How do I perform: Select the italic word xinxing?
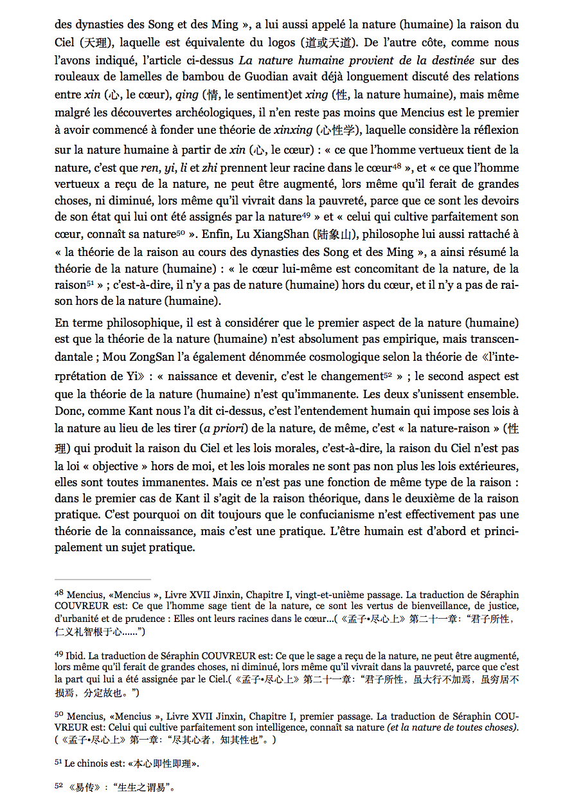click(292, 129)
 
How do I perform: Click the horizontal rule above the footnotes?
click(102, 579)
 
